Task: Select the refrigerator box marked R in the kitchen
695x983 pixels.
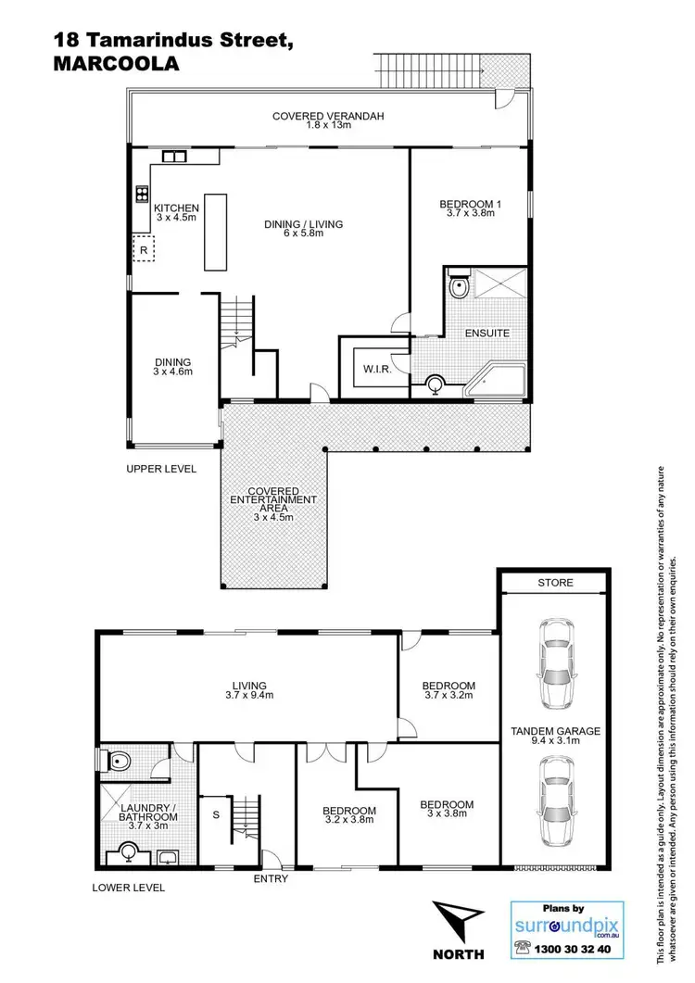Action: [x=145, y=249]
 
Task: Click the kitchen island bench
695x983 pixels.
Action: [x=215, y=232]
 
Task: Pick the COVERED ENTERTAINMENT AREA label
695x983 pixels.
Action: [x=273, y=505]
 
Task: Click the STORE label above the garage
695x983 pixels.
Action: [x=555, y=584]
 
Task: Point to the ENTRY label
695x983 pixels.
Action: [x=271, y=878]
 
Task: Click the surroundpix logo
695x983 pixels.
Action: [x=566, y=923]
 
